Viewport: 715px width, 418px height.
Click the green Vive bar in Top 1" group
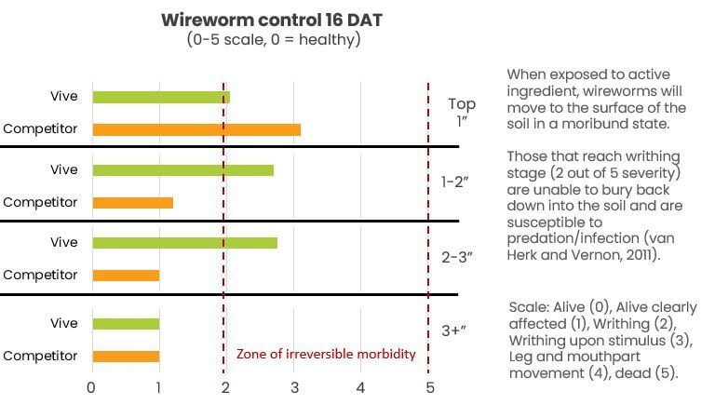[161, 97]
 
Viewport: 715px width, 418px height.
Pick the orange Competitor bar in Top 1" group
[196, 129]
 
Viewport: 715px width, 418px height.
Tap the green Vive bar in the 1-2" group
[182, 170]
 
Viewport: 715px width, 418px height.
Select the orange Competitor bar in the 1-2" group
[132, 202]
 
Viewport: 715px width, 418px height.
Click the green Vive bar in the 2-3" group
[184, 243]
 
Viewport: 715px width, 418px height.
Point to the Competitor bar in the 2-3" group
[126, 276]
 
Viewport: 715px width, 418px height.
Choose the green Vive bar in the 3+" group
[126, 324]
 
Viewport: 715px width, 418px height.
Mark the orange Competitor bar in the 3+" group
[126, 356]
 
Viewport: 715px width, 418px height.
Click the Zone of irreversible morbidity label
[326, 354]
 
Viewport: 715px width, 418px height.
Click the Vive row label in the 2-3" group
[64, 243]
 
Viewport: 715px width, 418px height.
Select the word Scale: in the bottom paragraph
[529, 308]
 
